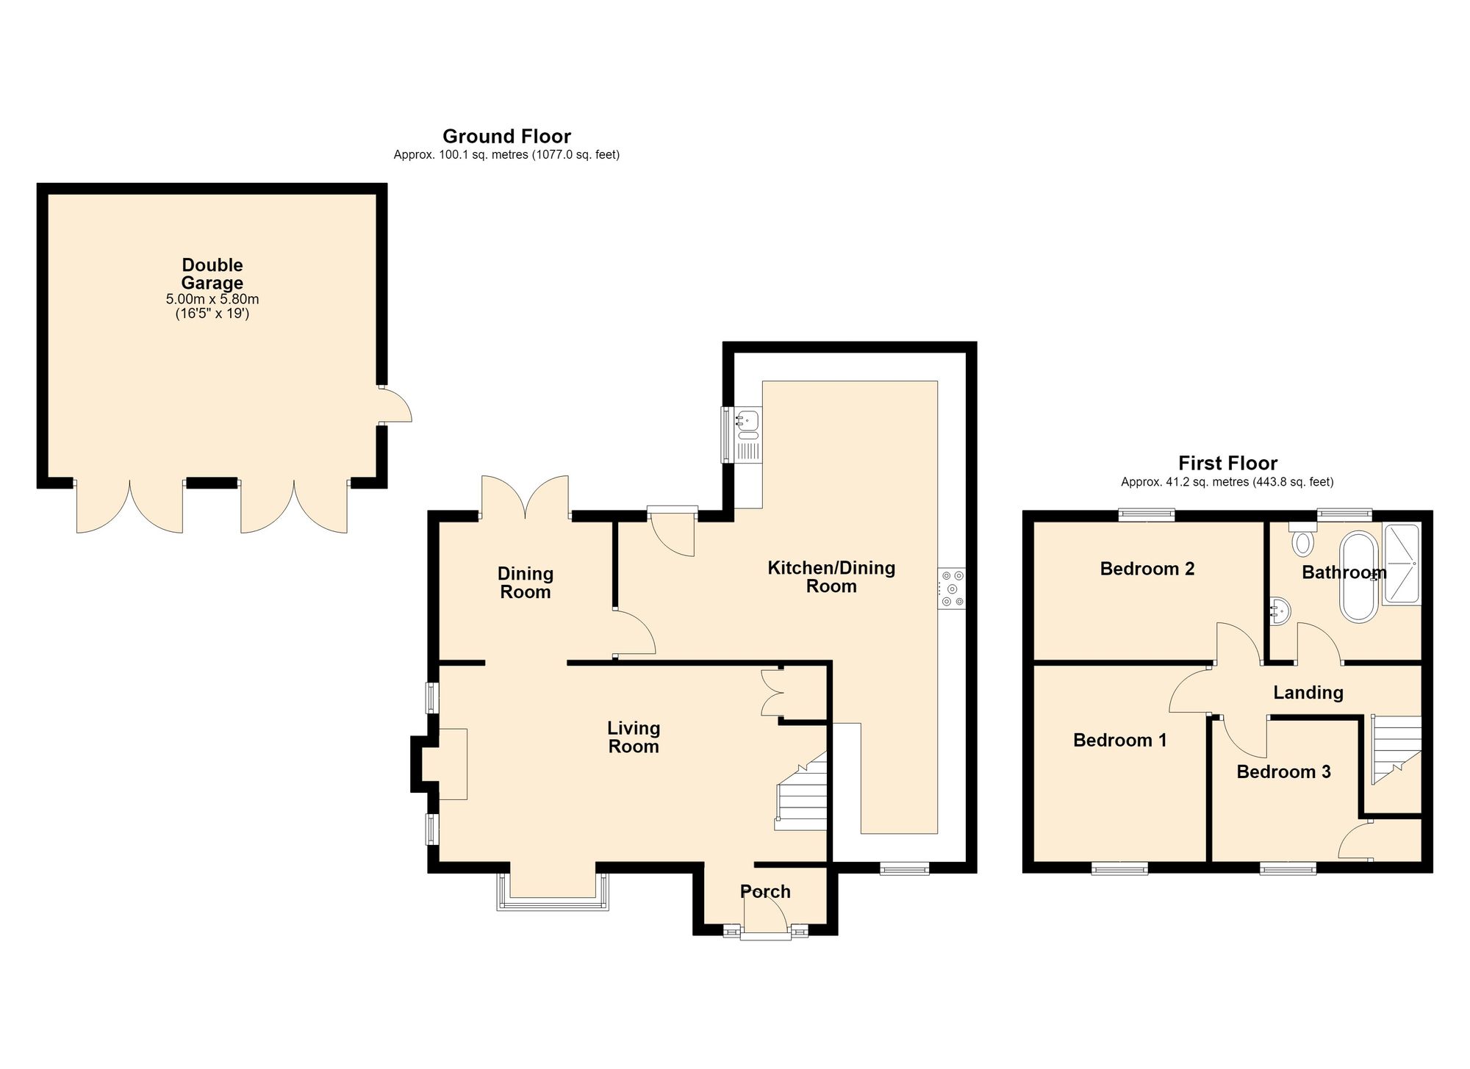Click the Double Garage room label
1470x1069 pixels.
[x=212, y=274]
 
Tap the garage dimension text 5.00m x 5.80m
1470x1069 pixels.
[x=212, y=300]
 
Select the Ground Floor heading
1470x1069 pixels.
[x=506, y=136]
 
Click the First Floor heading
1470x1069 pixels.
[x=1227, y=463]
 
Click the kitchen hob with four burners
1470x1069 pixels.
[x=952, y=589]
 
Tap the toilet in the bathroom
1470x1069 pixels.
[x=1302, y=539]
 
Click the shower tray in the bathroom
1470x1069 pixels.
[x=1401, y=564]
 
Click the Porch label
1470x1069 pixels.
[x=765, y=891]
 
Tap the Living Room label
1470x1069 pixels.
[x=634, y=737]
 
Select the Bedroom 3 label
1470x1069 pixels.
[x=1283, y=771]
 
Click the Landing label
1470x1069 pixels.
[x=1308, y=692]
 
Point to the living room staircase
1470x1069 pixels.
[x=802, y=791]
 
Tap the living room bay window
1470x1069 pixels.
[x=553, y=893]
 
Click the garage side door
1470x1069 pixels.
[x=395, y=404]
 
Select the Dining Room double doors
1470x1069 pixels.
[x=525, y=497]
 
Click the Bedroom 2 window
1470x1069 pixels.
[x=1147, y=515]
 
